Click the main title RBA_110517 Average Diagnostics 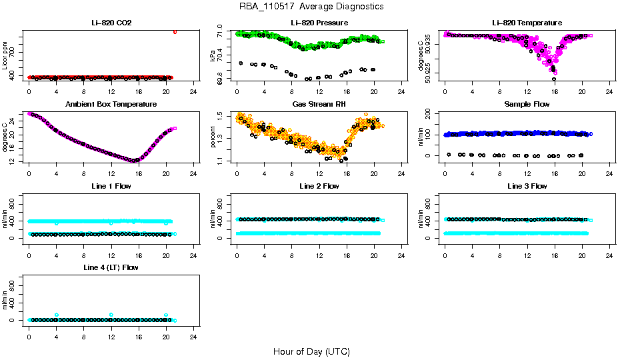pyautogui.click(x=311, y=7)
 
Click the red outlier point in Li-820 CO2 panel pyautogui.click(x=175, y=31)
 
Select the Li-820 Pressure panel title pyautogui.click(x=319, y=23)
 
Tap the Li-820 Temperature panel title pyautogui.click(x=527, y=23)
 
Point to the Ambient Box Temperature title pyautogui.click(x=111, y=105)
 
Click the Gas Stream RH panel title pyautogui.click(x=319, y=105)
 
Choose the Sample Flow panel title pyautogui.click(x=527, y=105)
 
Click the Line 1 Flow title pyautogui.click(x=111, y=186)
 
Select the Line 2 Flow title pyautogui.click(x=319, y=186)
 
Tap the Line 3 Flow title pyautogui.click(x=527, y=186)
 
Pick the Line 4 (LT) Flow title pyautogui.click(x=111, y=267)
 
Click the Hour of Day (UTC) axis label pyautogui.click(x=311, y=351)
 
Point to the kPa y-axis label pyautogui.click(x=213, y=56)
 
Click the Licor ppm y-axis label pyautogui.click(x=5, y=56)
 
